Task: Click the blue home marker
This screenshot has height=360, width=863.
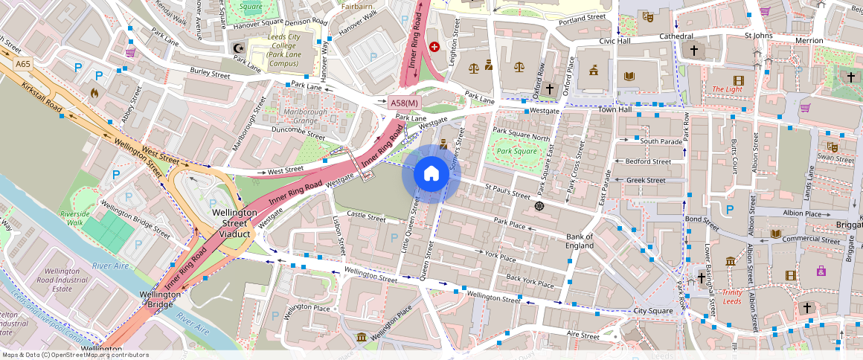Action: click(431, 175)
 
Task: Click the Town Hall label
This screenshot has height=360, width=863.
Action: click(615, 110)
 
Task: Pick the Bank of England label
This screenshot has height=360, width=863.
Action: click(580, 241)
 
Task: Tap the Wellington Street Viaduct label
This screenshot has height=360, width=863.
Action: click(234, 223)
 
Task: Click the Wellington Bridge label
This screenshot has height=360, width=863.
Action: click(160, 299)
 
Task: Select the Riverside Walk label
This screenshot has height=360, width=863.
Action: click(74, 218)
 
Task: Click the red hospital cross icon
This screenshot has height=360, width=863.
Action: click(434, 46)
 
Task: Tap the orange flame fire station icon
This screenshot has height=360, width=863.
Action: click(94, 93)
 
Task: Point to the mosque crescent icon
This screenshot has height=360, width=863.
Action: click(239, 48)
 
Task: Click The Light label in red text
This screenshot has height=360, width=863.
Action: click(727, 89)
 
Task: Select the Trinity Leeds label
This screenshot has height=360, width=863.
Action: click(726, 297)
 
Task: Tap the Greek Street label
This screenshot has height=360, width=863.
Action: click(645, 180)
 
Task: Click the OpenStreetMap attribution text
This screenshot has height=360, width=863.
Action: click(74, 355)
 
